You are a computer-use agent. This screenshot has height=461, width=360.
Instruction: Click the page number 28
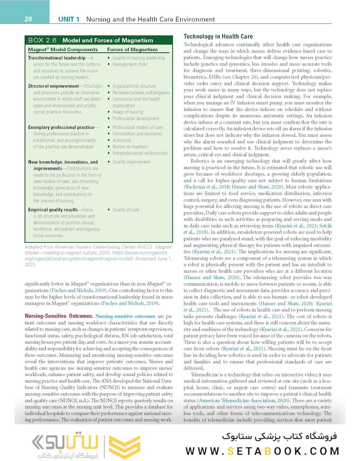pyautogui.click(x=28, y=19)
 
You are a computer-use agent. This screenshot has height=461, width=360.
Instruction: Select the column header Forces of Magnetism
pyautogui.click(x=132, y=50)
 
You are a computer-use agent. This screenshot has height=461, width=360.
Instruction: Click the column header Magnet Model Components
pyautogui.click(x=63, y=50)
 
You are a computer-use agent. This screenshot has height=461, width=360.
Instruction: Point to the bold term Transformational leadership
pyautogui.click(x=56, y=58)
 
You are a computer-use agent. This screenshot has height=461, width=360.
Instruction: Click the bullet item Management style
pyautogui.click(x=129, y=64)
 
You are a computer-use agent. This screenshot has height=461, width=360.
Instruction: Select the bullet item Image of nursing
pyautogui.click(x=128, y=112)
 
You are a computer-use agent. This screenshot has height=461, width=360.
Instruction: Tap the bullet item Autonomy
pyautogui.click(x=122, y=140)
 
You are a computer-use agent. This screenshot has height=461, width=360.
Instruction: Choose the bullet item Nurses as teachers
pyautogui.click(x=130, y=146)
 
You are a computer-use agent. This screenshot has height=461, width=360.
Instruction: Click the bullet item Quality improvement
pyautogui.click(x=131, y=162)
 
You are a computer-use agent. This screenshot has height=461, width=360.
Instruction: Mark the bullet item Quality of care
pyautogui.click(x=126, y=210)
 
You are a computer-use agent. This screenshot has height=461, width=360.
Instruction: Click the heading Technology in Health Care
pyautogui.click(x=218, y=37)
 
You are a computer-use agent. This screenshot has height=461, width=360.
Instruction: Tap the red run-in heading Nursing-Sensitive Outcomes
pyautogui.click(x=59, y=316)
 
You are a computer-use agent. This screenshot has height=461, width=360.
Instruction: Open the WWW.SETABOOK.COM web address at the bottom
pyautogui.click(x=263, y=451)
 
